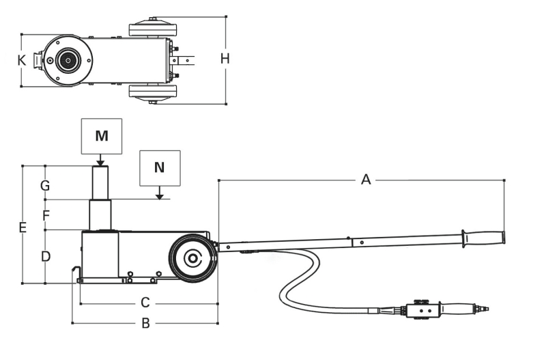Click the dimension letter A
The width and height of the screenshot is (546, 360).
click(x=366, y=180)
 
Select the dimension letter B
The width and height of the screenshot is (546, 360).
click(x=145, y=323)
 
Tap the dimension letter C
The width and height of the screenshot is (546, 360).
click(x=145, y=301)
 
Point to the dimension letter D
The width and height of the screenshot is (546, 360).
click(x=45, y=257)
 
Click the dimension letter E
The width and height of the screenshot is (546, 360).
click(x=23, y=227)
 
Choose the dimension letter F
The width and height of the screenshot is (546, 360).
click(x=46, y=215)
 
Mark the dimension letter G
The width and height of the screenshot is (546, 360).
click(x=45, y=185)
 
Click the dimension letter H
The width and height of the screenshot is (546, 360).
click(x=225, y=59)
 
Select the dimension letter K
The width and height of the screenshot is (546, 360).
click(x=22, y=60)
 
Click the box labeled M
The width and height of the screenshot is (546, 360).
click(x=101, y=135)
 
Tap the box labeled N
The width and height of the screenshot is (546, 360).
click(x=160, y=168)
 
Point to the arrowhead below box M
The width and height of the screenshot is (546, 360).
click(x=100, y=163)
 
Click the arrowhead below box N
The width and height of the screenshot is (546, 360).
click(x=160, y=197)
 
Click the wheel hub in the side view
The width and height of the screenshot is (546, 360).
click(x=192, y=258)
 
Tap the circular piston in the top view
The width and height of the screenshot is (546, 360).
click(x=68, y=60)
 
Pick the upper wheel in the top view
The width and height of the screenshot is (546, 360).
click(x=153, y=29)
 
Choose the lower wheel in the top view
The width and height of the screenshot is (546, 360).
click(x=153, y=92)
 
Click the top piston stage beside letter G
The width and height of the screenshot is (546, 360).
click(x=100, y=182)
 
